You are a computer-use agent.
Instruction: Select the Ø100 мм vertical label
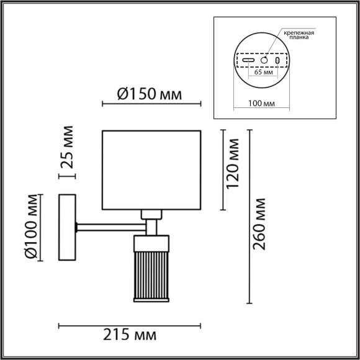pos(28,227)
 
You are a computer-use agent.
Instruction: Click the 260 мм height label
pos(261,223)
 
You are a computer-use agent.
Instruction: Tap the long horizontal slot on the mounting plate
pos(248,61)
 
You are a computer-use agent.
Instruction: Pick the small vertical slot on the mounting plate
pos(278,61)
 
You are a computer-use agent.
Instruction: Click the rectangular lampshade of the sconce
pos(151,169)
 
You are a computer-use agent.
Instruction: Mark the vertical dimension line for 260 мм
pos(250,217)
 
